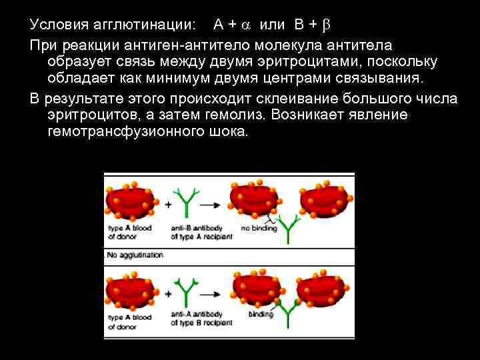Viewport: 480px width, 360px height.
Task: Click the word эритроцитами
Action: tap(291, 62)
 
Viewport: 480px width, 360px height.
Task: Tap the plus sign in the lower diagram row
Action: tap(167, 294)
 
